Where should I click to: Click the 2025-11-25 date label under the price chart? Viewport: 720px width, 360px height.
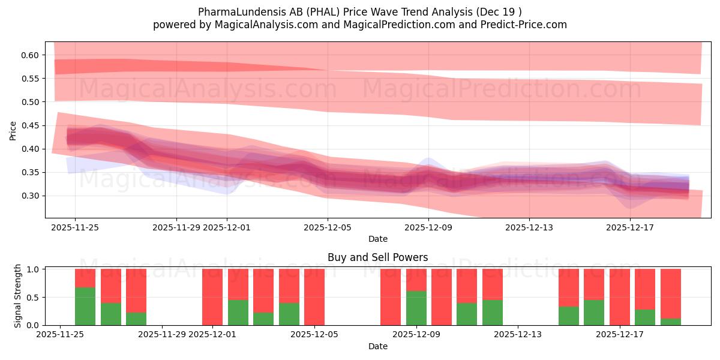75,227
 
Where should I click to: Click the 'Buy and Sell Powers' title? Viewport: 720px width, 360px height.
377,257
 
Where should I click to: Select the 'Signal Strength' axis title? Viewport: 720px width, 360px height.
18,295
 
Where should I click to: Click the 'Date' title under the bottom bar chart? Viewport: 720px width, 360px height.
377,346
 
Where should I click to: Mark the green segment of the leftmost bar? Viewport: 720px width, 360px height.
85,306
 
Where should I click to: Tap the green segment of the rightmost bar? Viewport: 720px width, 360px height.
670,322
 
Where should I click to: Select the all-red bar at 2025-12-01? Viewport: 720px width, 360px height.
212,297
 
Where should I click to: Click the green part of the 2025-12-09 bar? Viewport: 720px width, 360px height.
416,308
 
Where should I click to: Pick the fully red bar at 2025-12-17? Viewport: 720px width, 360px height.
619,297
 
